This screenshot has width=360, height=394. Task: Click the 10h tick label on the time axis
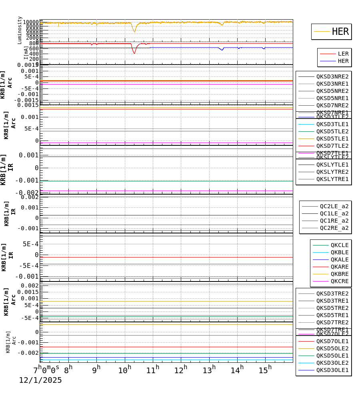click(x=124, y=370)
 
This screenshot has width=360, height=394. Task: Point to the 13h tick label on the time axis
click(x=209, y=370)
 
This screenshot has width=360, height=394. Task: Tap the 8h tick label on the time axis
click(x=68, y=370)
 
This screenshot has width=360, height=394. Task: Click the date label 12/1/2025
click(x=40, y=380)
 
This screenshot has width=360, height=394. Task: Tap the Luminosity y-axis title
click(x=20, y=30)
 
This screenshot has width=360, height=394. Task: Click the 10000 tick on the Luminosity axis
click(x=31, y=22)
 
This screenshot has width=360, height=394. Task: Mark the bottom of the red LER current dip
click(x=134, y=53)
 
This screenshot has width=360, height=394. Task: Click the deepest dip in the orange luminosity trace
click(x=134, y=32)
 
